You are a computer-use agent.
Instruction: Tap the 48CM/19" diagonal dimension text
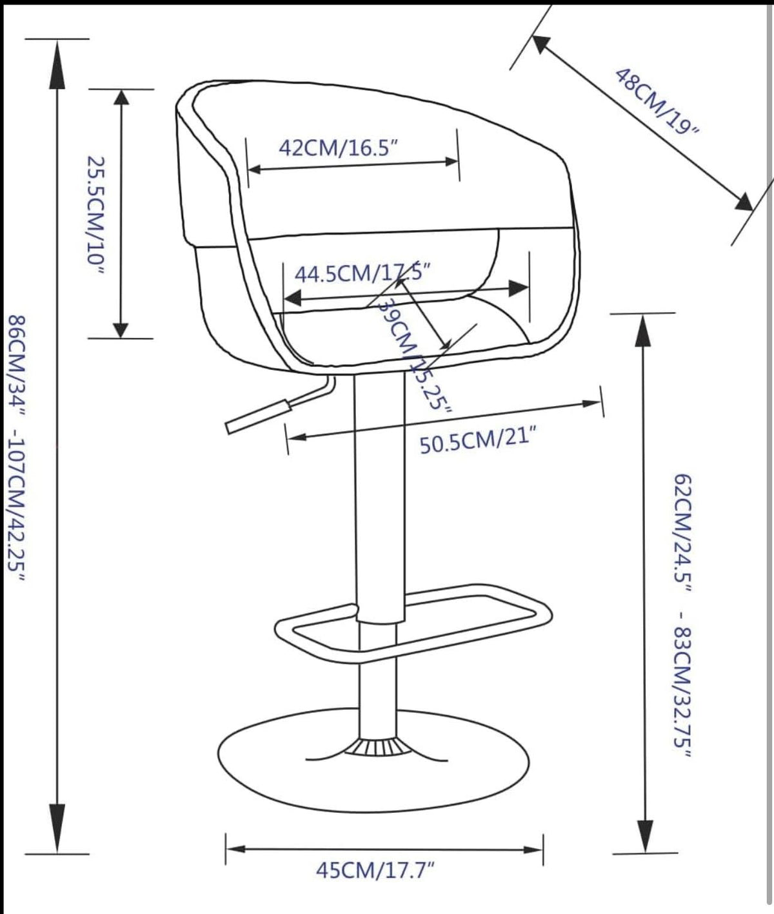657,101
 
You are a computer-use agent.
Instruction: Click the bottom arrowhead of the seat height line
642,838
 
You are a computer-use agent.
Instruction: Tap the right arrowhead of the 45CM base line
534,848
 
